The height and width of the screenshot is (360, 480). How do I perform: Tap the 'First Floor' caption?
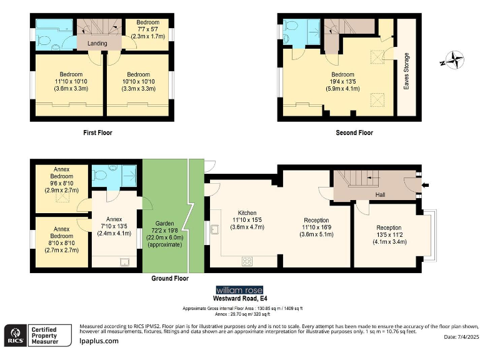coord(97,132)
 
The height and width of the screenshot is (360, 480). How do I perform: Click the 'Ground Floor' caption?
coord(170,278)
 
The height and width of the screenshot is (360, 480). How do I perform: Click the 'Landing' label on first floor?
coord(97,43)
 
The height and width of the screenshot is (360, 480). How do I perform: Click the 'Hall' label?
coord(380,195)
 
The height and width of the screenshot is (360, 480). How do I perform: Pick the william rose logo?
coord(239,290)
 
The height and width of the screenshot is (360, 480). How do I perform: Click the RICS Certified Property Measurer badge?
coord(35,334)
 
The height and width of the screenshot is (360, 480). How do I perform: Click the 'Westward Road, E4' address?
coord(240,299)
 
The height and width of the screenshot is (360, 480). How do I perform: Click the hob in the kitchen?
coord(247,260)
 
